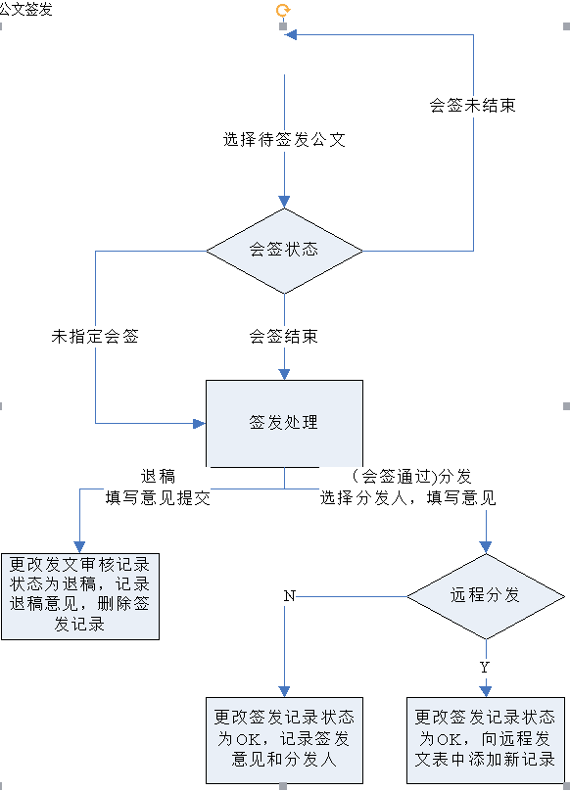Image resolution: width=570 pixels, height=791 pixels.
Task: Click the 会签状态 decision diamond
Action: (x=284, y=251)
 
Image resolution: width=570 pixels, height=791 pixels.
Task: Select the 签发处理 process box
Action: (x=284, y=423)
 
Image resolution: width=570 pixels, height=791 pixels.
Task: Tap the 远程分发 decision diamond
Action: (x=486, y=596)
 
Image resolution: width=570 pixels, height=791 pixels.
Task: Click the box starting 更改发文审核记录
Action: (x=80, y=596)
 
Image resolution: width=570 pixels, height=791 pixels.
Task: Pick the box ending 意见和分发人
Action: (x=284, y=740)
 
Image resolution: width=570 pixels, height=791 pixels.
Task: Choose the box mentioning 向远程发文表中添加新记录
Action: (x=486, y=740)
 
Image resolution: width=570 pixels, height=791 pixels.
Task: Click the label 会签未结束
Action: (x=473, y=106)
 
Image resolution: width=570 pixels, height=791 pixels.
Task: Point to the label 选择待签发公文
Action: (x=284, y=140)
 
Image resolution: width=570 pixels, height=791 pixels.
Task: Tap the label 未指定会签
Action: (x=95, y=337)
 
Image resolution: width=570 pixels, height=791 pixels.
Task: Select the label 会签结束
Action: (x=284, y=337)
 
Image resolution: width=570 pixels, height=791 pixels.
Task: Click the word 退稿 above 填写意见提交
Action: (x=158, y=476)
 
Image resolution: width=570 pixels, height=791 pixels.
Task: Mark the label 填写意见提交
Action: (x=158, y=498)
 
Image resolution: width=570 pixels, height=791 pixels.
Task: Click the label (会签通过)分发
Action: (x=411, y=476)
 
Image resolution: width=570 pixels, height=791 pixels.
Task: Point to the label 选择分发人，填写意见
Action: (x=408, y=498)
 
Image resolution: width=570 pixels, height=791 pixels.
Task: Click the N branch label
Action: (x=289, y=596)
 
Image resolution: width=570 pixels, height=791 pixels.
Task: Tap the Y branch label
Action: (x=485, y=668)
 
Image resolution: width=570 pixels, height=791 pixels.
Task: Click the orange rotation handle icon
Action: (x=283, y=10)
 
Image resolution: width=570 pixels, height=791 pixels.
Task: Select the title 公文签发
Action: (x=25, y=9)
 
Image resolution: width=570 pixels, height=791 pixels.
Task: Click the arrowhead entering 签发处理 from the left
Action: (x=200, y=423)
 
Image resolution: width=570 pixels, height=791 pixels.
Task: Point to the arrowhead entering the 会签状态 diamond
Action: (x=284, y=202)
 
